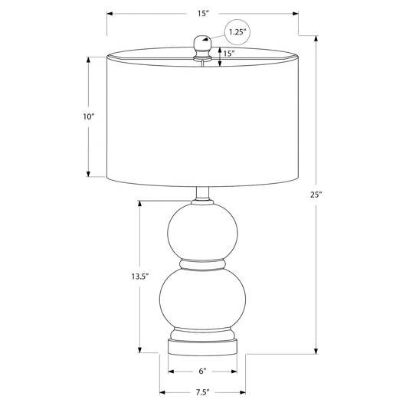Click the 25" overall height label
(x=316, y=195)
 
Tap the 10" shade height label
(x=88, y=116)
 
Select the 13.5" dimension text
(x=140, y=277)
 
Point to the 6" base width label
(x=202, y=371)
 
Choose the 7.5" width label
(x=202, y=392)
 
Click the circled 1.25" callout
(x=237, y=32)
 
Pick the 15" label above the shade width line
(x=203, y=14)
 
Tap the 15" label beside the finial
(x=229, y=54)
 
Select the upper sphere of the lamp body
(x=202, y=231)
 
